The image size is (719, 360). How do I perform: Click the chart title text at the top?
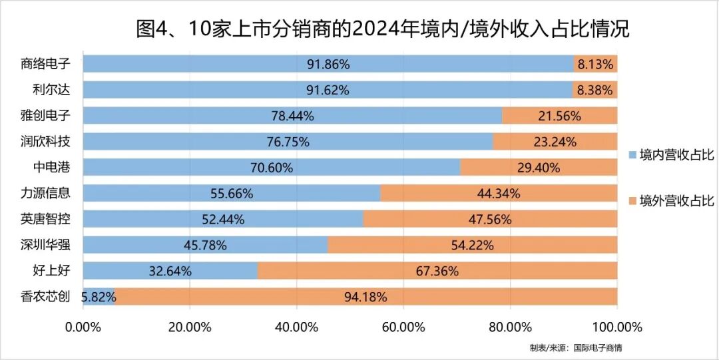pos(382,29)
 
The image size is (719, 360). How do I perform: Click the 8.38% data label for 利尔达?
pos(595,90)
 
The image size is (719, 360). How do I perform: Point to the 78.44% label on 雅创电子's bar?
pos(292,116)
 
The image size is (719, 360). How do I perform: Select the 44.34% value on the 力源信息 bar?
pos(498,194)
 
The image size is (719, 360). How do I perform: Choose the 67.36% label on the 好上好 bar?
pos(437,271)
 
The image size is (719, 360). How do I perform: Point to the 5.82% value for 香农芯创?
pos(98,297)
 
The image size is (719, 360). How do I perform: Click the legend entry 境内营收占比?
pos(672,155)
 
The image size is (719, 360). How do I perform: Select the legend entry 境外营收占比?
pos(672,200)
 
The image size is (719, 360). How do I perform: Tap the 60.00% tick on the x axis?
pos(403,327)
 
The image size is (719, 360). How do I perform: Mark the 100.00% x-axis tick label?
pos(616,327)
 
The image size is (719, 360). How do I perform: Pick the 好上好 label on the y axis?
pos(51,271)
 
